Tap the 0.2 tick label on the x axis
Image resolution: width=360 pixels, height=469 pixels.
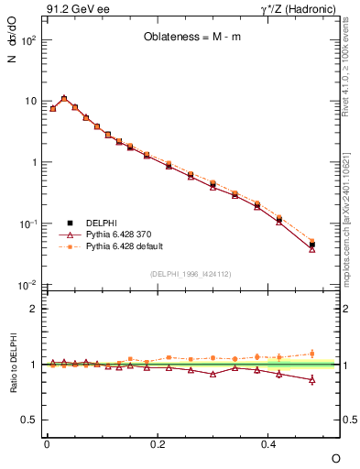[158, 443]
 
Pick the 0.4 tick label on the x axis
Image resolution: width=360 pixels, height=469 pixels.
[268, 443]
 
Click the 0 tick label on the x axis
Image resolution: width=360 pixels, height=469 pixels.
[47, 443]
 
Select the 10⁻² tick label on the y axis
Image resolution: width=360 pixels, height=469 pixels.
[27, 285]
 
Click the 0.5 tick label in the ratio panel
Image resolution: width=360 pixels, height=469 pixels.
[29, 420]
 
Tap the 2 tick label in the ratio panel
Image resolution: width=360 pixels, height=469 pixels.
[34, 309]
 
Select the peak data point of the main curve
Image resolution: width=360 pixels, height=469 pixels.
[64, 98]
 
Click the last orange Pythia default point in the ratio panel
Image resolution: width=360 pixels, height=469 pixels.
[312, 354]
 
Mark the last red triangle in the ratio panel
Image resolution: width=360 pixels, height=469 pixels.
[312, 379]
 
